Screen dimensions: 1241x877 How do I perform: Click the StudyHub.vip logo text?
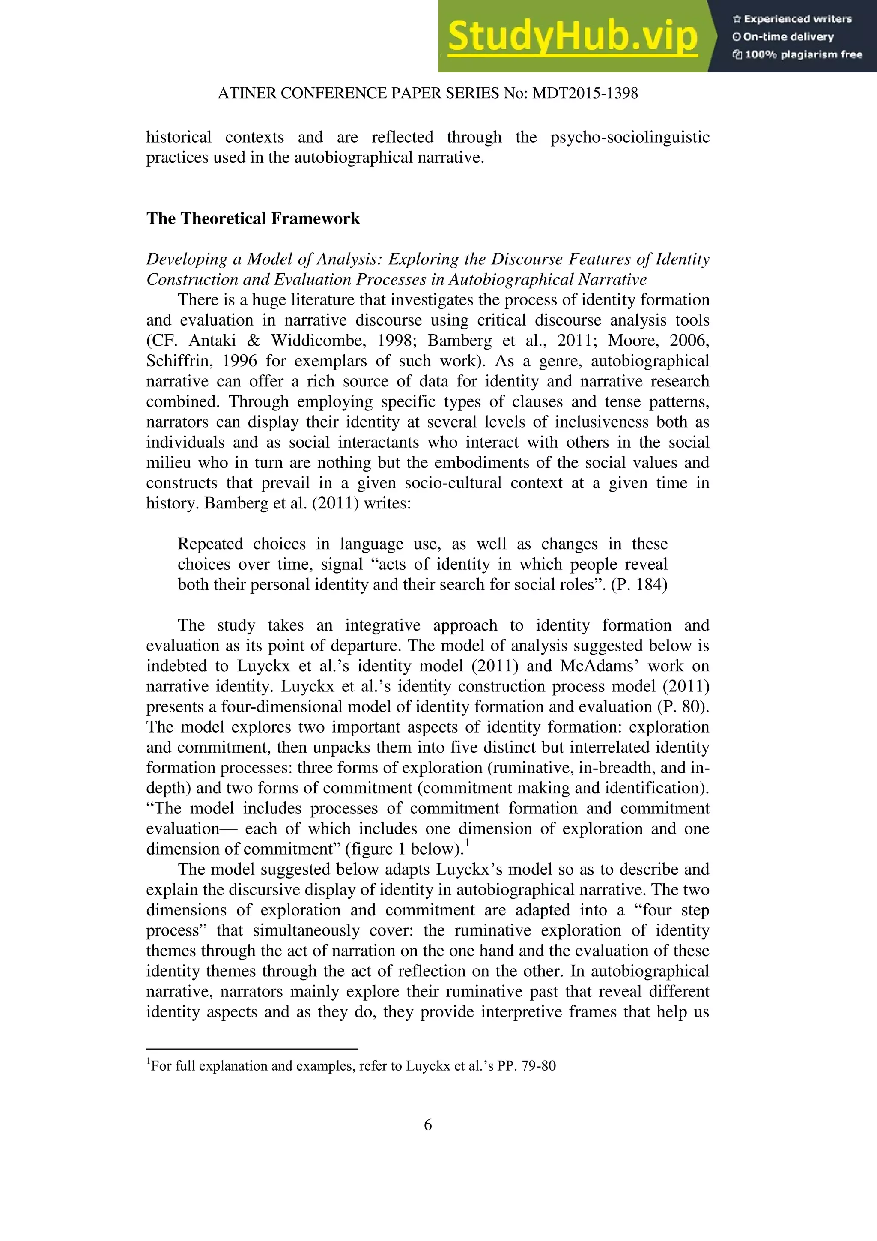(x=573, y=36)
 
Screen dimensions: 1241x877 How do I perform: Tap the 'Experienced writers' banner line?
(x=792, y=19)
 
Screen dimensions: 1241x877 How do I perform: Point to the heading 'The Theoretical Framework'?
(x=253, y=218)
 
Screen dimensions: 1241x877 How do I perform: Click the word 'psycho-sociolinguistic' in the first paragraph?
(x=629, y=137)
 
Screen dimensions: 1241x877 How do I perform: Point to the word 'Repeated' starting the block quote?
(x=208, y=544)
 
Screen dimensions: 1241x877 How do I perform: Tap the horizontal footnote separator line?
(x=252, y=1049)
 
